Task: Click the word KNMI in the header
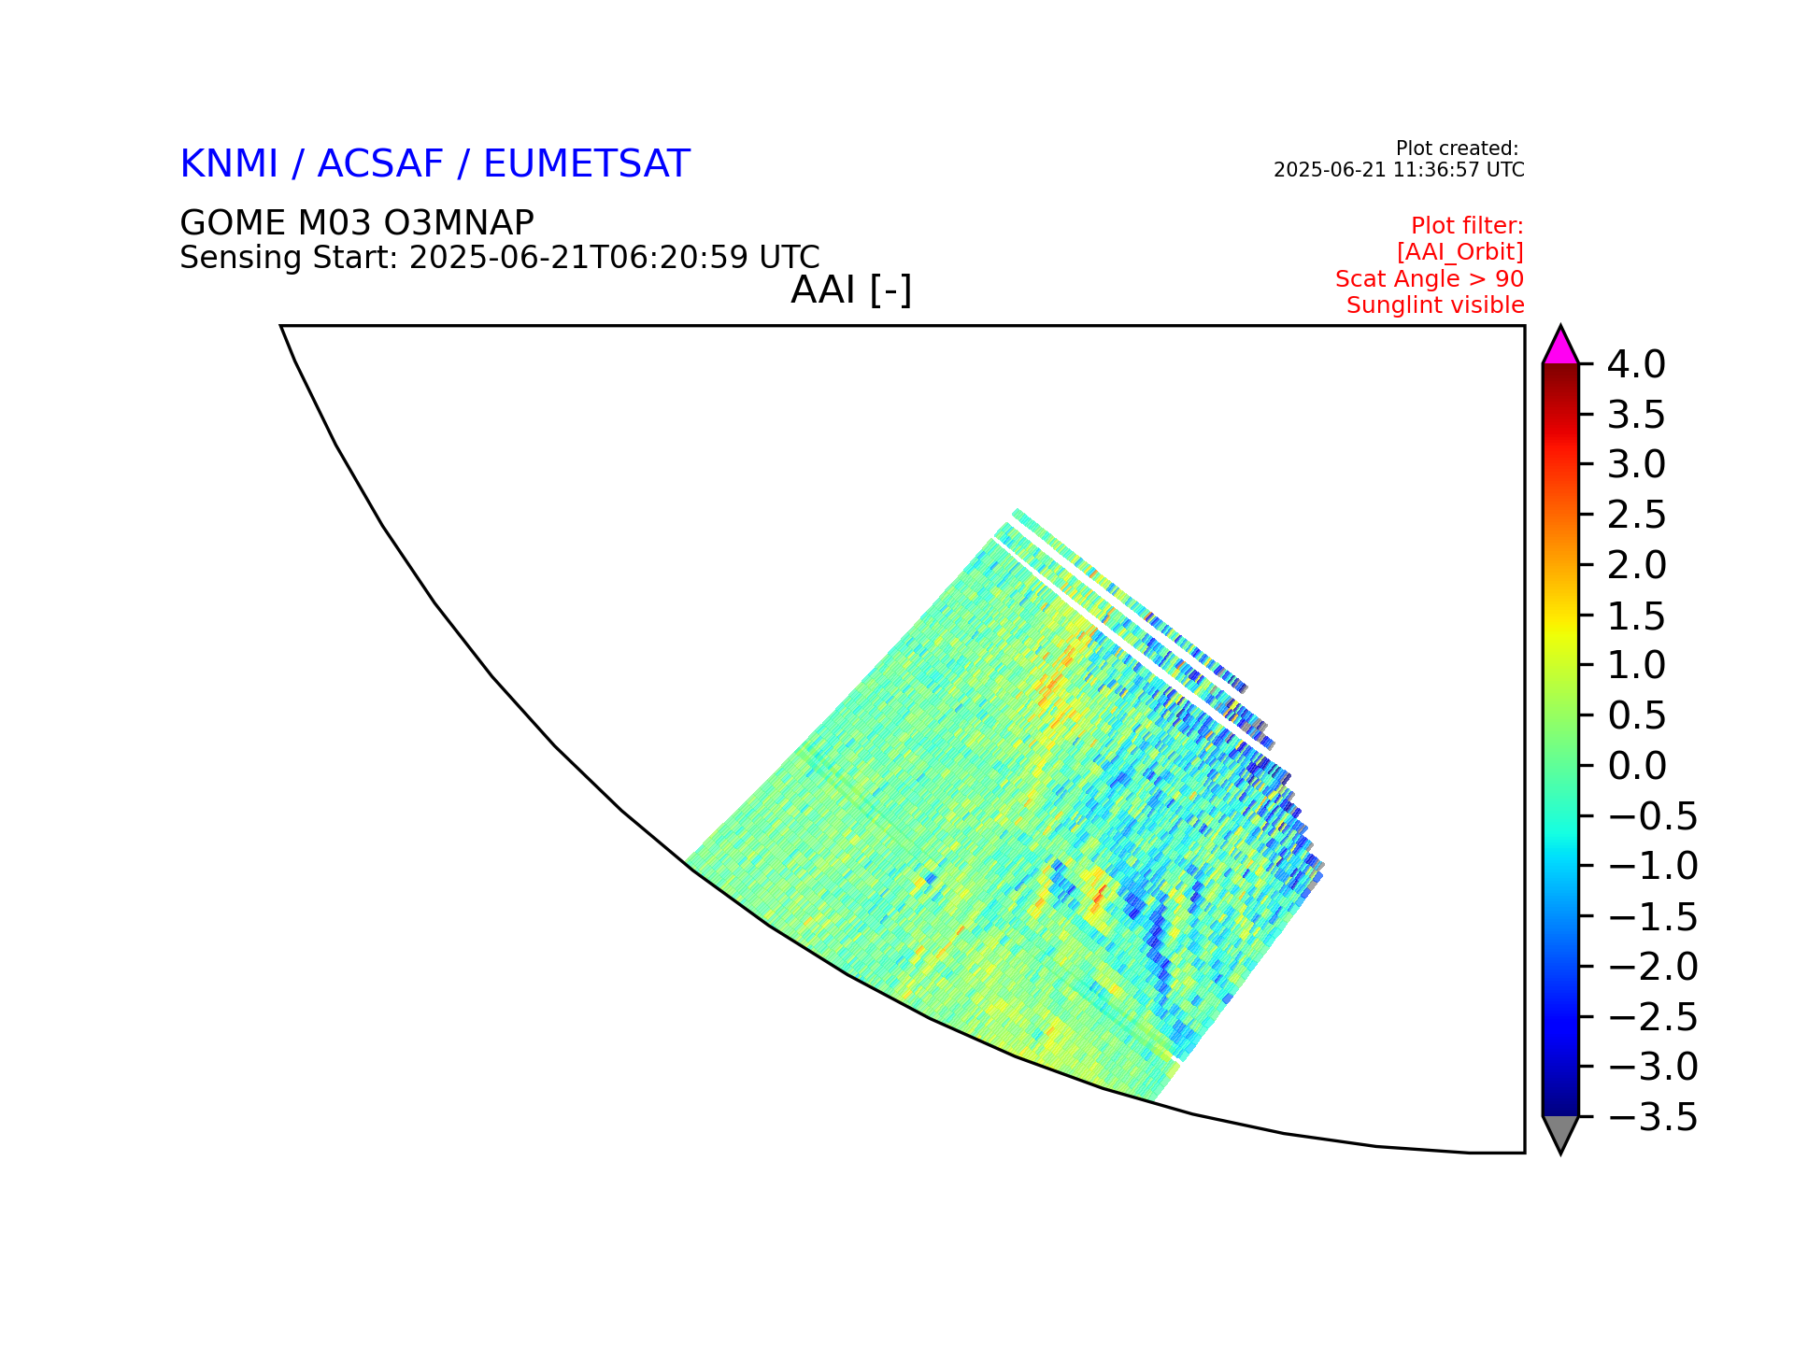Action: (x=229, y=164)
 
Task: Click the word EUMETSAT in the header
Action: (x=587, y=164)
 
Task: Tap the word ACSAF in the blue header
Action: (x=380, y=164)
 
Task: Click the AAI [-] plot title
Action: (x=851, y=290)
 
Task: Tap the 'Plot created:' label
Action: (x=1457, y=149)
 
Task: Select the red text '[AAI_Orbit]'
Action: (x=1460, y=252)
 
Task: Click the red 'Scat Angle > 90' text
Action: (x=1430, y=279)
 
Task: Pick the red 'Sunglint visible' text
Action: (x=1435, y=305)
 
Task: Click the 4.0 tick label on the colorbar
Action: (x=1636, y=365)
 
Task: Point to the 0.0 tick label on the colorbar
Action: (x=1637, y=766)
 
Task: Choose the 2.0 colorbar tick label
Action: (x=1637, y=565)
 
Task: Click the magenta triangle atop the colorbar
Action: (x=1560, y=347)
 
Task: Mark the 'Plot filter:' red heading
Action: (x=1467, y=226)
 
